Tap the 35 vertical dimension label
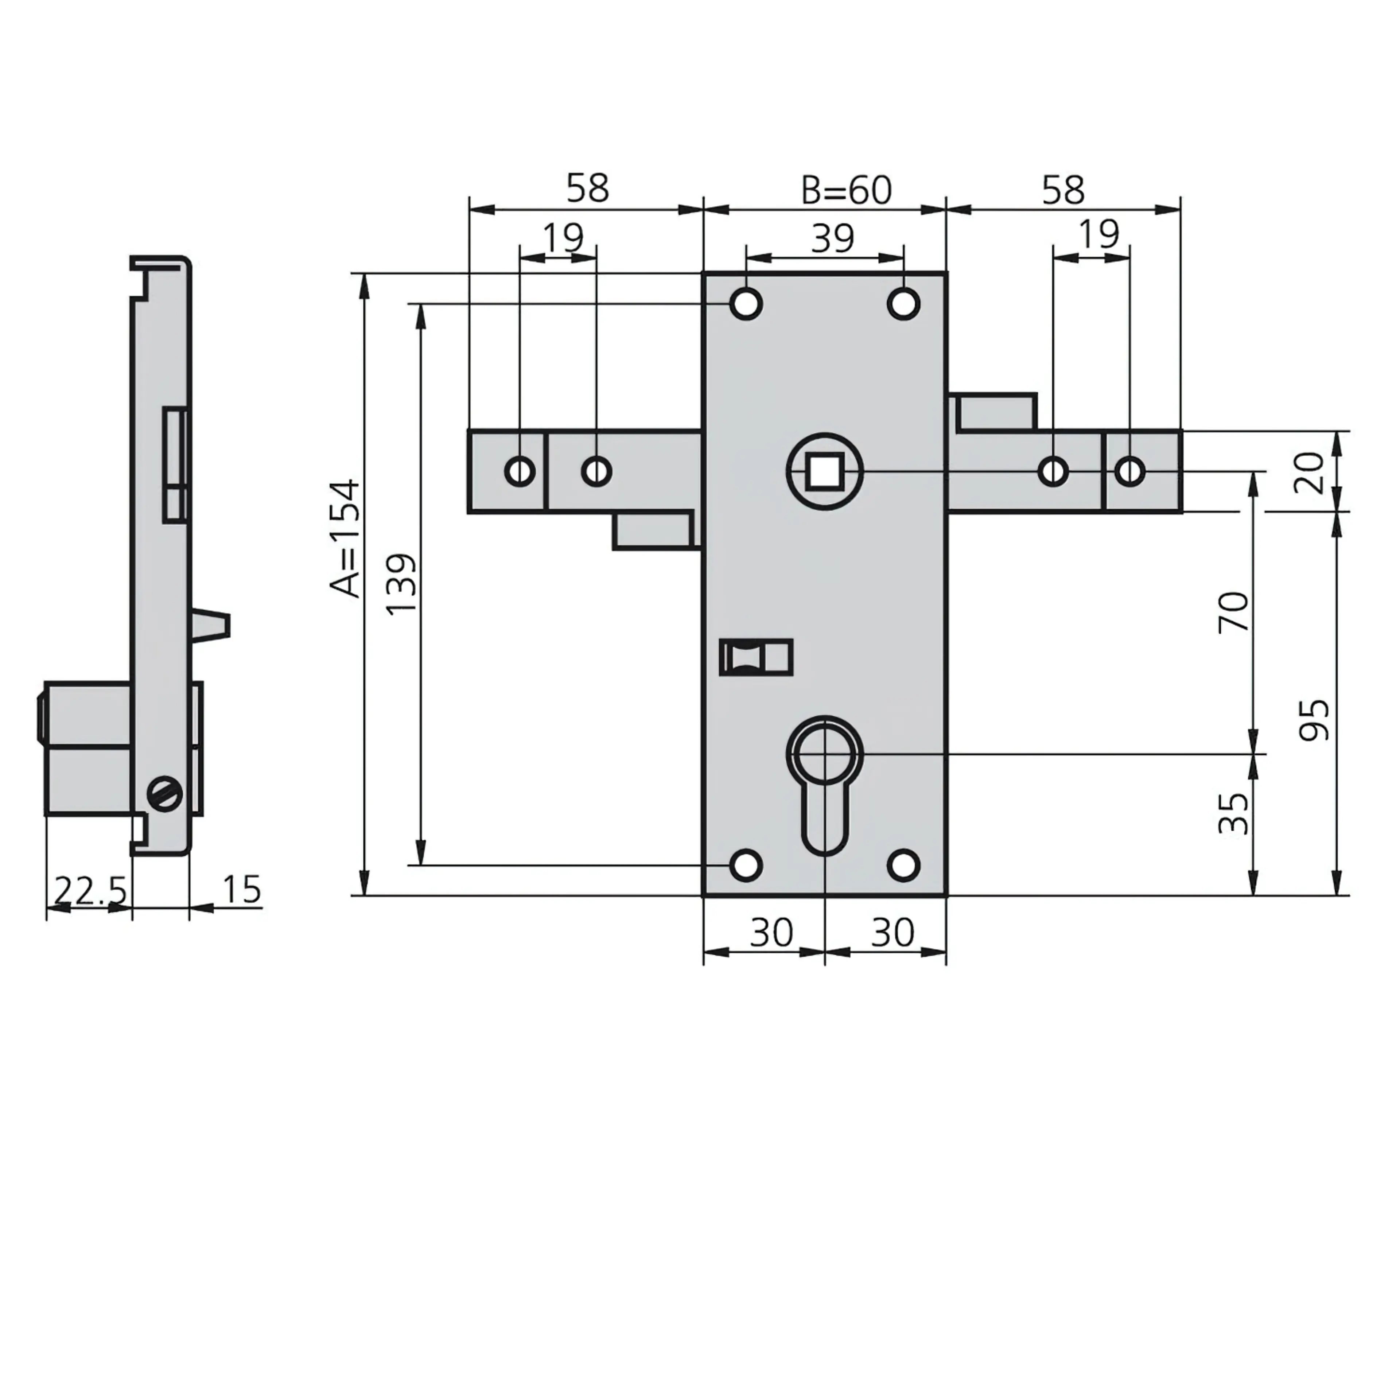point(1234,813)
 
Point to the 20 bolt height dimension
point(1309,472)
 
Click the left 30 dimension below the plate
point(771,933)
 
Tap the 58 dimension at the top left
point(587,188)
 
